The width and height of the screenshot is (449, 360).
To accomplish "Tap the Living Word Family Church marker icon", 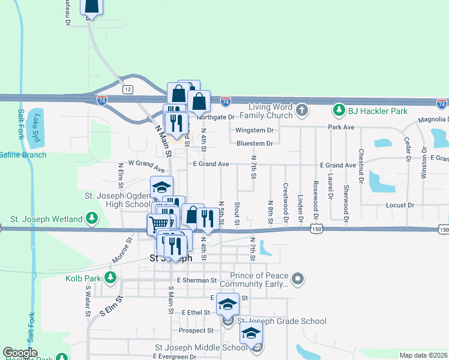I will pyautogui.click(x=302, y=110).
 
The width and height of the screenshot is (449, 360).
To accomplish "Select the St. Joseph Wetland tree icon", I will pyautogui.click(x=92, y=219).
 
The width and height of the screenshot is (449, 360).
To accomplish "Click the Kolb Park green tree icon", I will pyautogui.click(x=110, y=278).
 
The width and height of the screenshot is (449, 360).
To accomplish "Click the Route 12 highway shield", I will pyautogui.click(x=127, y=89).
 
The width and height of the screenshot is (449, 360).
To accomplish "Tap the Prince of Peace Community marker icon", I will pyautogui.click(x=300, y=279).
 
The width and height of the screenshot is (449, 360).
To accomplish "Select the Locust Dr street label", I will pyautogui.click(x=402, y=205).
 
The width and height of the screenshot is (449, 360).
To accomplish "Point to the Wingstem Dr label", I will pyautogui.click(x=255, y=130).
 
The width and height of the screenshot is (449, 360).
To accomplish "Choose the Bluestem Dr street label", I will pyautogui.click(x=255, y=143).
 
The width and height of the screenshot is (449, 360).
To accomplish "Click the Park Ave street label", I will pyautogui.click(x=341, y=127).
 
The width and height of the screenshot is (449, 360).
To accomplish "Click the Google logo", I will pyautogui.click(x=20, y=353).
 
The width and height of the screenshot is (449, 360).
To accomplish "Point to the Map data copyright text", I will pyautogui.click(x=423, y=355).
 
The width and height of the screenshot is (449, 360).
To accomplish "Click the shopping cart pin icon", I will pyautogui.click(x=158, y=224).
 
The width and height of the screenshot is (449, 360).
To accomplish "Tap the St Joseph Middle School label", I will pyautogui.click(x=201, y=347).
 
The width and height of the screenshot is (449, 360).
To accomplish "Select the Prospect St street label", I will pyautogui.click(x=196, y=331).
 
